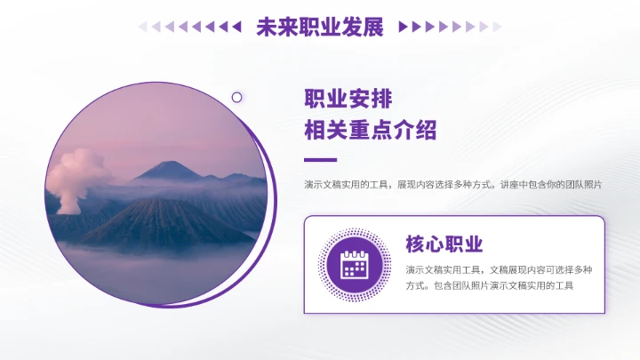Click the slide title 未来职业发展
pyautogui.click(x=319, y=27)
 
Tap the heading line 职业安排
pyautogui.click(x=348, y=99)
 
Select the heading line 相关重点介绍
pyautogui.click(x=370, y=131)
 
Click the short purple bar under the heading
pyautogui.click(x=320, y=160)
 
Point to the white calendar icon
pyautogui.click(x=355, y=265)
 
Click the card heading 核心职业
pyautogui.click(x=444, y=244)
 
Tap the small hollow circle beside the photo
pyautogui.click(x=237, y=97)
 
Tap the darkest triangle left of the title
pyautogui.click(x=236, y=27)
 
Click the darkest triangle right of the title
pyautogui.click(x=403, y=27)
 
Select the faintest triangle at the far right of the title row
pyautogui.click(x=498, y=27)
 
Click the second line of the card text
pyautogui.click(x=490, y=285)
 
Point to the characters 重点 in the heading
pyautogui.click(x=370, y=131)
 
